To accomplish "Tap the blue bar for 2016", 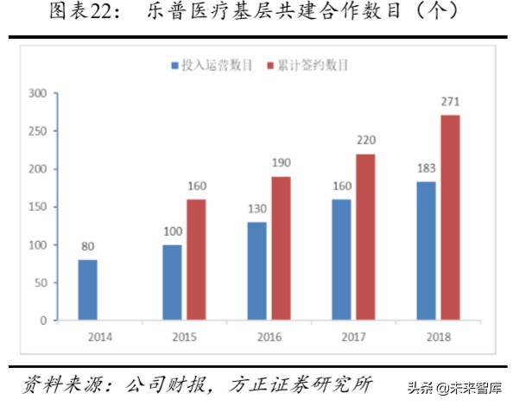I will coord(257,270).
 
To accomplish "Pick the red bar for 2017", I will coord(366,237).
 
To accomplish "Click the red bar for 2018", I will coord(450,218).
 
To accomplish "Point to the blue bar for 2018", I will coord(427,251).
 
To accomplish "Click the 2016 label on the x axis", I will coord(269,336).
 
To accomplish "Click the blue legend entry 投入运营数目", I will coord(212,65).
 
